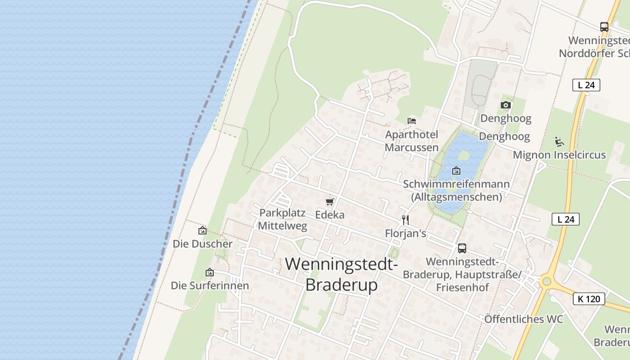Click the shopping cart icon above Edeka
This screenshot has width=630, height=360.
(330, 202)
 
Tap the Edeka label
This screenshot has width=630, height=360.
(330, 215)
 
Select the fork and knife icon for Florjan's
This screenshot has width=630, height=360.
(405, 220)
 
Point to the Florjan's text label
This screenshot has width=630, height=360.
(405, 233)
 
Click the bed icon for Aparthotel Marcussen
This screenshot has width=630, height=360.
(411, 121)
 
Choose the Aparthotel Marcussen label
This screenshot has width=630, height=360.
(412, 141)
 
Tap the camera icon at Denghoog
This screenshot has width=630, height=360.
(505, 105)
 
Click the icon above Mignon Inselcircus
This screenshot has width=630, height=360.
(559, 141)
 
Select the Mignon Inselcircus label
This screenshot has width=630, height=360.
(559, 155)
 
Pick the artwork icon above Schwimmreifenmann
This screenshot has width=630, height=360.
(456, 171)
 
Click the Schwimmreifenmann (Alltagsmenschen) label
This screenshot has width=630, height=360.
(456, 190)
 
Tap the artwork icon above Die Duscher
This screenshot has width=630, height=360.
(202, 230)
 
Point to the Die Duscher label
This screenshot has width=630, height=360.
(202, 244)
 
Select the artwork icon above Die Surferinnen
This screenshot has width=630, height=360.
(209, 272)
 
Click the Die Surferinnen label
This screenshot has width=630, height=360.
(210, 285)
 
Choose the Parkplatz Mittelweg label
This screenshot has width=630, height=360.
(283, 219)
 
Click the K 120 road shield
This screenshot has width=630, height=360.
(589, 299)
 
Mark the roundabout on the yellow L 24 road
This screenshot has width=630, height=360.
(546, 282)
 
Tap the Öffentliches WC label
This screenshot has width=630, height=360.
(523, 319)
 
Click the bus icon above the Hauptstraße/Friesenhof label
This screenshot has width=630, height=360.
(462, 248)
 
